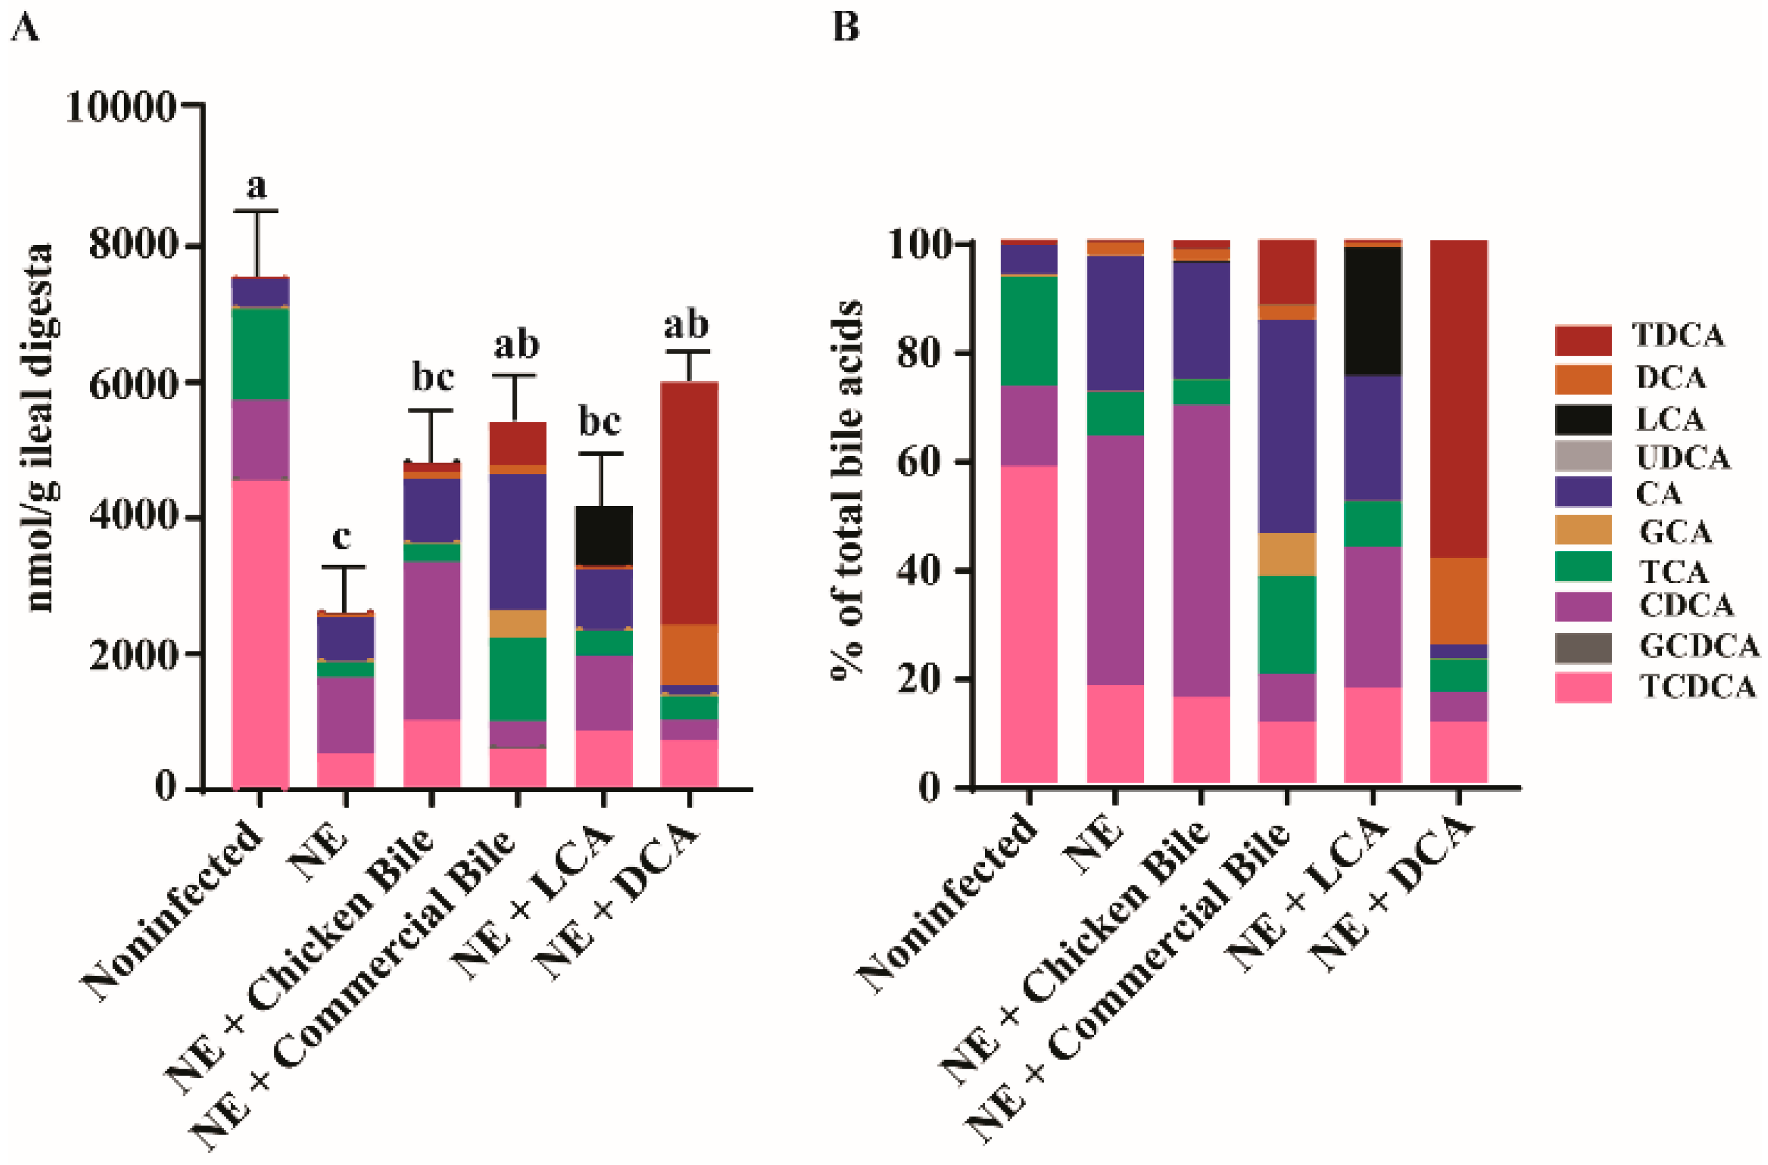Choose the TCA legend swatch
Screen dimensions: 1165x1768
point(1583,567)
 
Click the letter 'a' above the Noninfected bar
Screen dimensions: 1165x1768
point(256,186)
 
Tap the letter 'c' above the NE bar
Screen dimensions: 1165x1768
point(341,537)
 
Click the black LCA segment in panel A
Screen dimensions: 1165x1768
point(604,535)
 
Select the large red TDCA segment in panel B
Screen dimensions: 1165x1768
point(1458,397)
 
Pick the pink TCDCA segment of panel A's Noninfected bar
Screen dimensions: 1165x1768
point(260,632)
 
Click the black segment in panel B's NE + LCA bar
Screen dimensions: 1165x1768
point(1373,310)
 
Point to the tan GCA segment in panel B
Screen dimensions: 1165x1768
point(1287,554)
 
